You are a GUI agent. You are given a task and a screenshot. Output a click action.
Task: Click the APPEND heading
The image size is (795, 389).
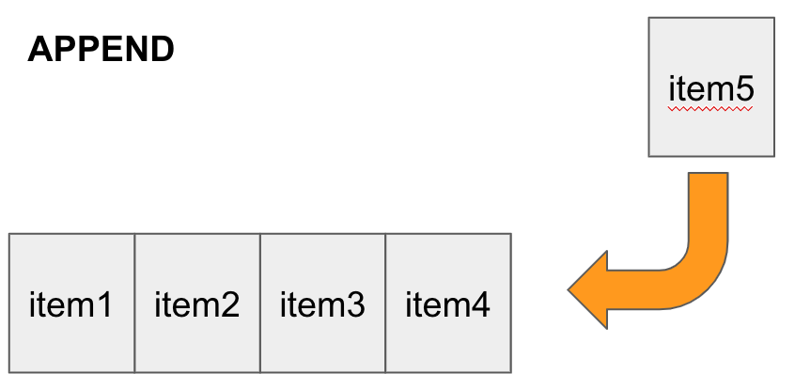coord(101,50)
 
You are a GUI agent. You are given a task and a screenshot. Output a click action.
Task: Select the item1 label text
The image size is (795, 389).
coord(71,304)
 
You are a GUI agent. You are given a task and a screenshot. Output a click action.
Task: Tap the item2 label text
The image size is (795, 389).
coord(196,304)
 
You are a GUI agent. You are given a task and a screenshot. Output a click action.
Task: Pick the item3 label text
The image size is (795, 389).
coord(322,304)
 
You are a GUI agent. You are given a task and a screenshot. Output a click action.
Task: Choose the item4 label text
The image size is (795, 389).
coord(447,304)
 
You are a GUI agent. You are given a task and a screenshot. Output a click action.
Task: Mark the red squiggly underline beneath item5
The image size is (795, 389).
coord(711,109)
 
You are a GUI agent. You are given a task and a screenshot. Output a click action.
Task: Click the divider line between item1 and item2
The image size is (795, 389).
coord(134,303)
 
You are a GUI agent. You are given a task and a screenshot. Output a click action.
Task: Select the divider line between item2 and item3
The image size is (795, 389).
coord(260,303)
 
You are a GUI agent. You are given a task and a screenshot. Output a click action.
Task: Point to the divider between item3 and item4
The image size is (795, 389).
coord(385,303)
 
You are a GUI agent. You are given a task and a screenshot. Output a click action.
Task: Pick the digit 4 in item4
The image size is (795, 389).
coord(480,304)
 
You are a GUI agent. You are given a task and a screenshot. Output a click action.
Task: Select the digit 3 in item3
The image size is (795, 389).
coord(355,304)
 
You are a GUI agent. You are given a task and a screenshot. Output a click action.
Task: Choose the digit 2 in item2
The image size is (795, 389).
coord(230,304)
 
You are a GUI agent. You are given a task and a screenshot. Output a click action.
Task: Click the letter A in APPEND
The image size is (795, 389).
coord(39,50)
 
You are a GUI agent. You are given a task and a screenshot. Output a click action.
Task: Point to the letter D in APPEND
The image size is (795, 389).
coord(163,50)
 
